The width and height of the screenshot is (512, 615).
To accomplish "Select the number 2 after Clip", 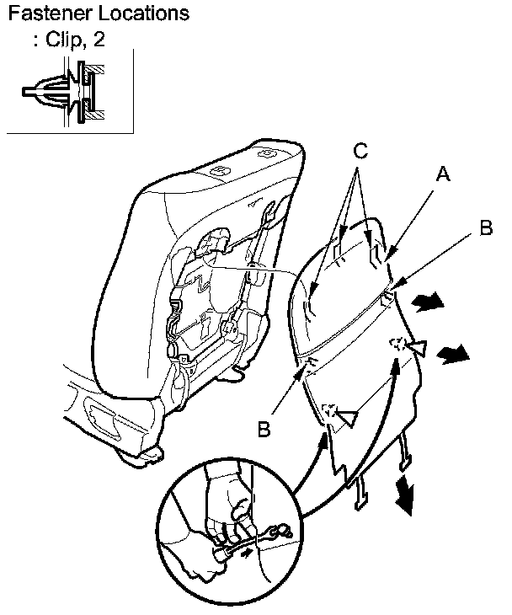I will pyautogui.click(x=100, y=40).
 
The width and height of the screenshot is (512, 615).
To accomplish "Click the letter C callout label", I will pyautogui.click(x=360, y=152).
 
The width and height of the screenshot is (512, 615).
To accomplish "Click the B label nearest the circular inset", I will pyautogui.click(x=264, y=430).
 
